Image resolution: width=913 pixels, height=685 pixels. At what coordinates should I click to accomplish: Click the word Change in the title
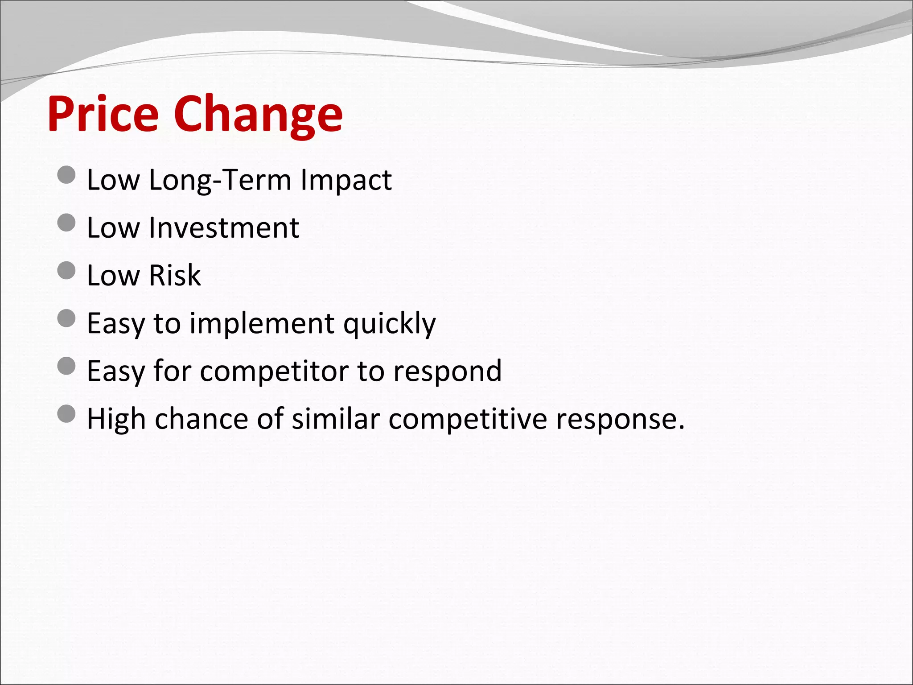coord(258,115)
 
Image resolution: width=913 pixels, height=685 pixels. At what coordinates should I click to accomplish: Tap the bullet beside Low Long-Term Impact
coord(67,175)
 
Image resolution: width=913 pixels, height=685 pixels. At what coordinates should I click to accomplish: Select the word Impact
coord(346,181)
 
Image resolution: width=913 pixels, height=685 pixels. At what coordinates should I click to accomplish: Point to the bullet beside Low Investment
coord(67,223)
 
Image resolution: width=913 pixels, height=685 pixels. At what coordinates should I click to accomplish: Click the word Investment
coord(224,228)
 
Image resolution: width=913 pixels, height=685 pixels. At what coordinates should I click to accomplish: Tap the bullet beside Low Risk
coord(67,270)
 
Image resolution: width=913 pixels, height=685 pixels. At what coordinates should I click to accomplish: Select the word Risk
coord(175,275)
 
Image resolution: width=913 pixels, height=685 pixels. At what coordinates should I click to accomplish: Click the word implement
coord(262,324)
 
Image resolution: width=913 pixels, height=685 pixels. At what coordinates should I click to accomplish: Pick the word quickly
coord(390,324)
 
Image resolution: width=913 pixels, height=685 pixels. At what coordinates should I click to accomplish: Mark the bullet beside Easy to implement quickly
coord(67,318)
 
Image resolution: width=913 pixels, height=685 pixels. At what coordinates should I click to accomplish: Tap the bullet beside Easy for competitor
coord(67,366)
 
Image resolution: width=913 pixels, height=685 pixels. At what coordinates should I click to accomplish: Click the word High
coord(116,419)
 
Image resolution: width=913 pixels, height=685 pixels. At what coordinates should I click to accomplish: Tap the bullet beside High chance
coord(67,414)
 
